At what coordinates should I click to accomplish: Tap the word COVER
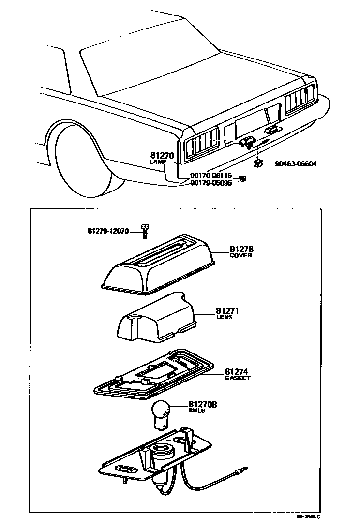tap(240, 255)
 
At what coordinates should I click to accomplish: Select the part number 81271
tap(227, 311)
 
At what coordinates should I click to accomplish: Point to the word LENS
tap(225, 317)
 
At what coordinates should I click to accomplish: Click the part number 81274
tap(237, 372)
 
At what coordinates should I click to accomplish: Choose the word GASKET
tap(238, 378)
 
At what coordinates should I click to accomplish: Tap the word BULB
tap(197, 410)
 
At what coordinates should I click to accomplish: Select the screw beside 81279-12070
tap(144, 231)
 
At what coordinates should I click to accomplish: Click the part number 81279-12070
tap(108, 231)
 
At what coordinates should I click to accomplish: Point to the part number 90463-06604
tap(295, 164)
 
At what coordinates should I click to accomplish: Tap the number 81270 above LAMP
tap(162, 156)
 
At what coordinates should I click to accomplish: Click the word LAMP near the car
tap(157, 162)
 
